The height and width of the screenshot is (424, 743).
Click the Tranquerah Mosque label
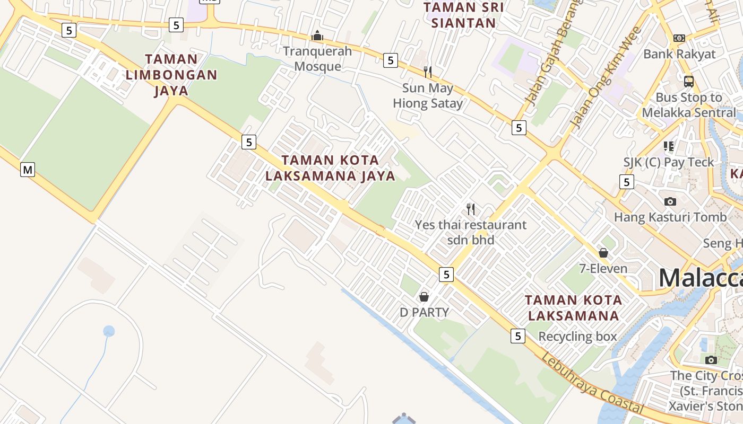[317, 59]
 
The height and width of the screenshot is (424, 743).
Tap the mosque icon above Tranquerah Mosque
[317, 36]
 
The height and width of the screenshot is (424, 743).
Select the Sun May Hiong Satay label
[428, 95]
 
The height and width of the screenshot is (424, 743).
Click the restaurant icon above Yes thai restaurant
[470, 209]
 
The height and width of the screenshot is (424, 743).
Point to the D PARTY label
[424, 312]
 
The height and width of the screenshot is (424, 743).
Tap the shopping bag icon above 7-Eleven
[603, 253]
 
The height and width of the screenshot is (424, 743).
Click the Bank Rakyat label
[679, 54]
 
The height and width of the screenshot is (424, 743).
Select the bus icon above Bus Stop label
[688, 82]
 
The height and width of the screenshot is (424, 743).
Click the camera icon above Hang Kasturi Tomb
[670, 201]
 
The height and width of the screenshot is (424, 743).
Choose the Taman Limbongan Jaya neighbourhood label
[171, 75]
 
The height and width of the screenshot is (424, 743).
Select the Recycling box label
[577, 337]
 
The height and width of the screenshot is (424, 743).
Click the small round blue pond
[109, 331]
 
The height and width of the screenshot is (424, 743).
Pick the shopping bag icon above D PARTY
[424, 297]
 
